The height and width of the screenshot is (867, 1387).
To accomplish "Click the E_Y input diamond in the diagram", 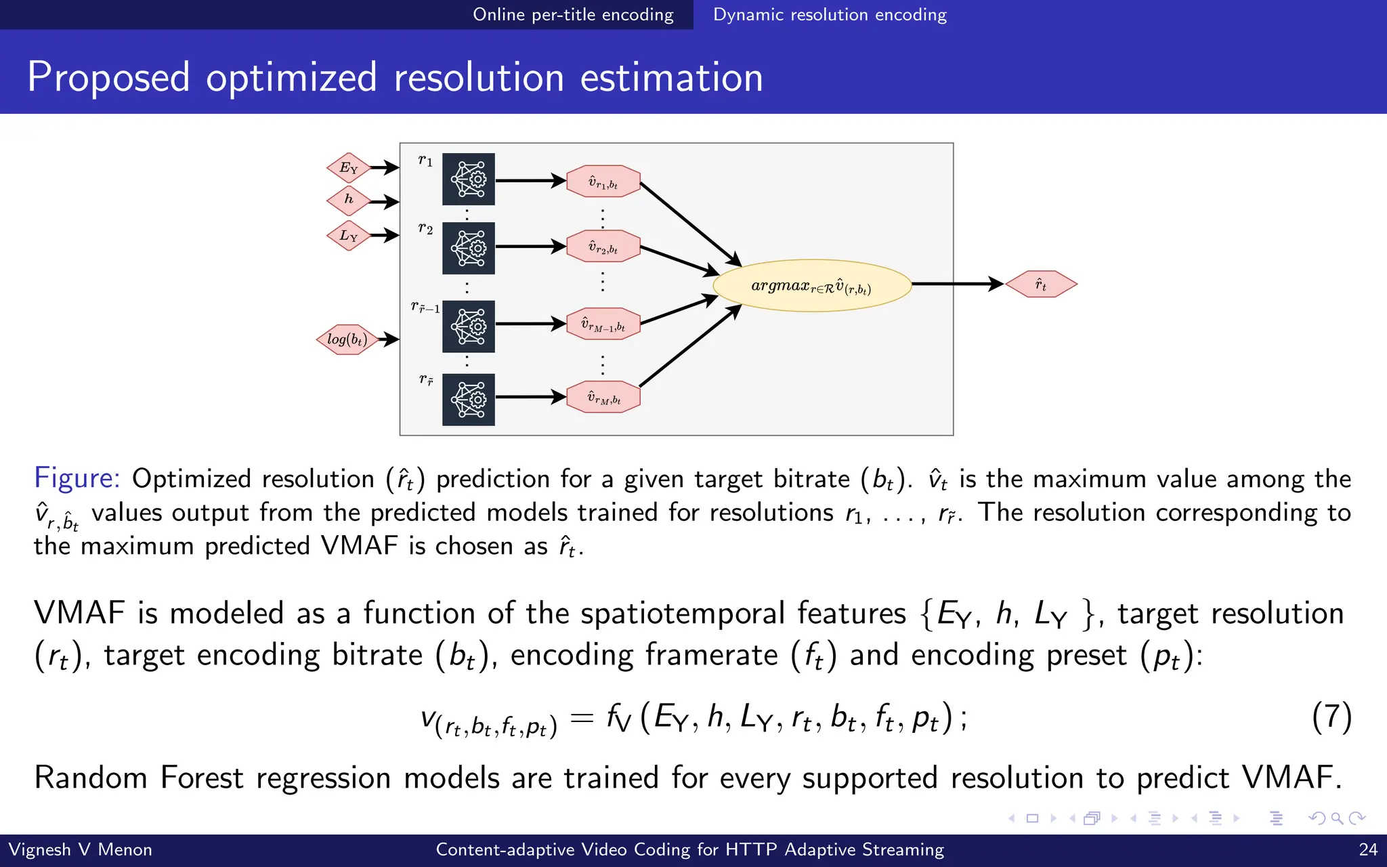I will tap(348, 168).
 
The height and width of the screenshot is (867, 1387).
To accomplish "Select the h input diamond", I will tap(348, 200).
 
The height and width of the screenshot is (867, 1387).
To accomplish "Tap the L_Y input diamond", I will tap(348, 236).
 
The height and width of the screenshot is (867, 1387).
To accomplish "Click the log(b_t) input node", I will tap(347, 339).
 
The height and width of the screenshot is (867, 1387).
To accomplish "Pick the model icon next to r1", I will tap(469, 179).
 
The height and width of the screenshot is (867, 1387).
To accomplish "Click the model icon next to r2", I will tap(469, 248).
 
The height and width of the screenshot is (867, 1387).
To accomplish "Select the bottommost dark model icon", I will tap(469, 400).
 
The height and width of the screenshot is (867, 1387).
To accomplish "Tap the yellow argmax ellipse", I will tap(811, 286).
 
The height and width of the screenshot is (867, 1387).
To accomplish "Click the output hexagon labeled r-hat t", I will tap(1041, 284).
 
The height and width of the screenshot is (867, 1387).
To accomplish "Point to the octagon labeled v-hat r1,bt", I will tap(603, 182).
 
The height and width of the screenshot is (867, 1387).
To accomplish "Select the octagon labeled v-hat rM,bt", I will tap(603, 398).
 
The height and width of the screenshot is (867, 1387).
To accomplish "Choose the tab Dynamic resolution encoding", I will tap(830, 14).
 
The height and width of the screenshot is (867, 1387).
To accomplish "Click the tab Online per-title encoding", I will tap(573, 14).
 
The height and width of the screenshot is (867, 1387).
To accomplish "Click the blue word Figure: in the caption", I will tap(77, 478).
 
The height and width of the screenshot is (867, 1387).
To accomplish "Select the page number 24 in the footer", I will tap(1368, 849).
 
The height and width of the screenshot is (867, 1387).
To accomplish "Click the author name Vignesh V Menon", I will tap(80, 849).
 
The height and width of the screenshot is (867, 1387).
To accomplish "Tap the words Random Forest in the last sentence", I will tap(138, 778).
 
